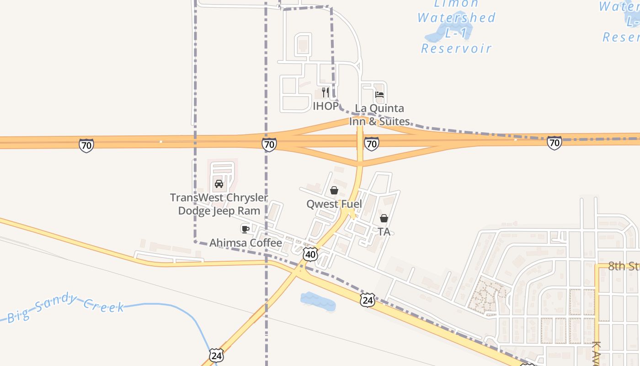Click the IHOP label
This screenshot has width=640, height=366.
point(325,106)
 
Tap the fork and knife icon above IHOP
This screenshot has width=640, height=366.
point(325,92)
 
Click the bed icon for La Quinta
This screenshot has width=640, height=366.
point(379,95)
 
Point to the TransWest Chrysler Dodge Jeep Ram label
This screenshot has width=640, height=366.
point(219,204)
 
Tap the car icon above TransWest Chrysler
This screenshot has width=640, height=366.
point(219,184)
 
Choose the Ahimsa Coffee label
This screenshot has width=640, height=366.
point(245,243)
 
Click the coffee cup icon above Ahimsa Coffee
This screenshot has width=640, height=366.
point(245,229)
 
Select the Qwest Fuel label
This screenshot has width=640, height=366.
point(334,204)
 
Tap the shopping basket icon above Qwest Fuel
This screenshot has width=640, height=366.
point(334,190)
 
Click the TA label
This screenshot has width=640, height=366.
point(384,232)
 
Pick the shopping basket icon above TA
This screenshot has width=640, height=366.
point(384,218)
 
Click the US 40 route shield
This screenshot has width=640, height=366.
point(310,254)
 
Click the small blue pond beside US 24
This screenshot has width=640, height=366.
point(318,301)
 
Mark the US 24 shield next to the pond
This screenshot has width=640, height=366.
point(367,300)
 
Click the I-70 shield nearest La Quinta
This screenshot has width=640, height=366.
point(371,144)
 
